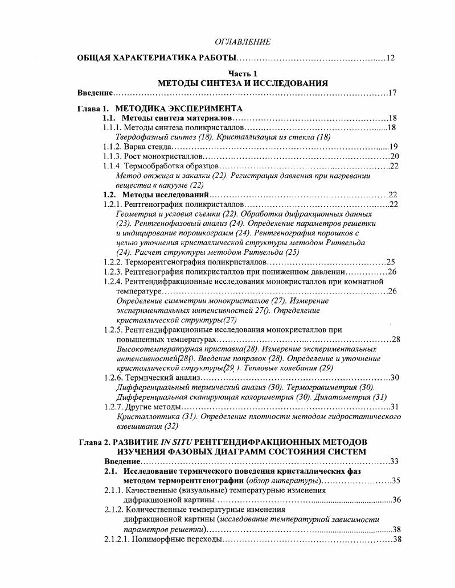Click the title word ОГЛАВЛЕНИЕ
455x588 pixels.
click(x=242, y=42)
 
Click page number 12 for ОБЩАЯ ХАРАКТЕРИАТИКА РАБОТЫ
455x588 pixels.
click(x=390, y=58)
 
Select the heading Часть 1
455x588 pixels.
click(x=243, y=74)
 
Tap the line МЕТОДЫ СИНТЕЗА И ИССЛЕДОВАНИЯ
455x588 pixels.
click(x=243, y=83)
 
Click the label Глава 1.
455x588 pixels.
click(x=92, y=108)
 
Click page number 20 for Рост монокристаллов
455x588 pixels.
click(x=395, y=156)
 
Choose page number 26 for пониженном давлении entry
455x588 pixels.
click(x=392, y=272)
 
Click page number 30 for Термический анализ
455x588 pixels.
click(x=395, y=378)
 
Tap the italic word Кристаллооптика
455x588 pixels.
click(x=140, y=416)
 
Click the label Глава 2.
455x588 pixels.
click(x=92, y=442)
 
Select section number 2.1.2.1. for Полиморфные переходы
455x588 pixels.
click(x=117, y=539)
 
